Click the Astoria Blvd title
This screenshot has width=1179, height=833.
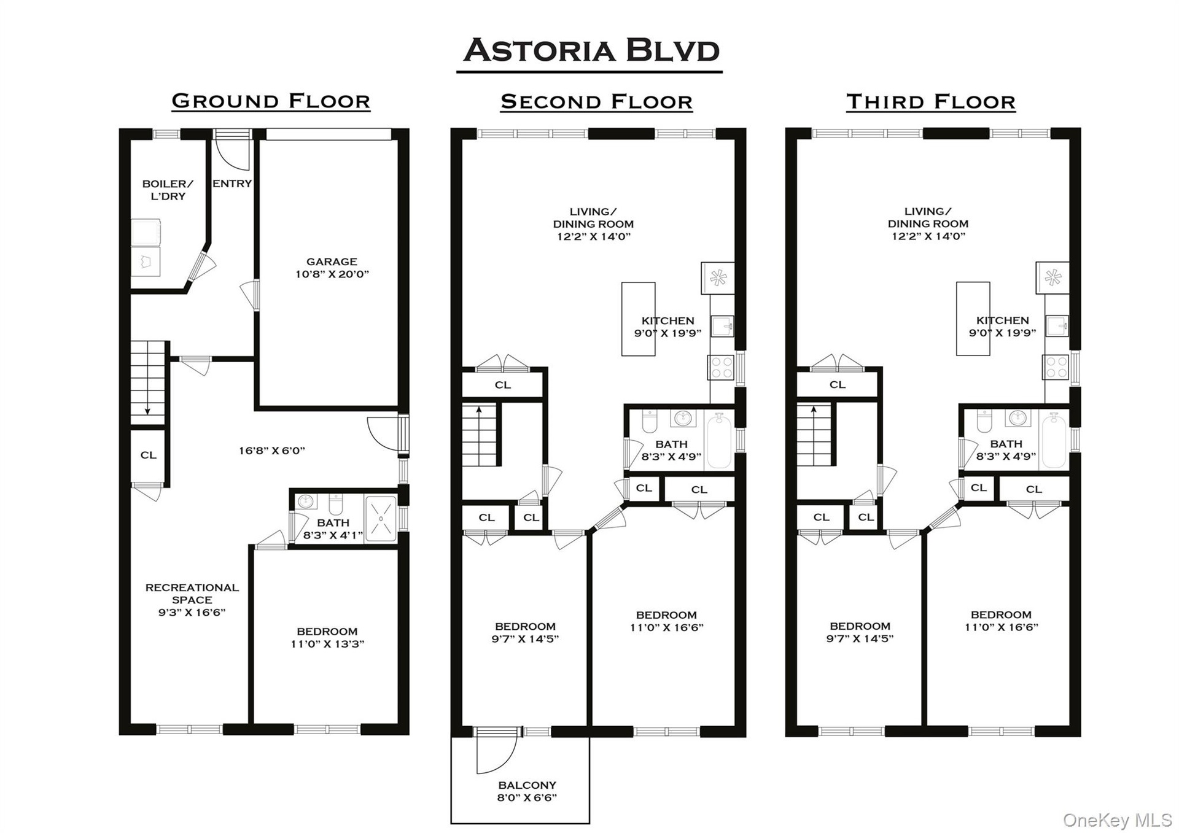pyautogui.click(x=591, y=50)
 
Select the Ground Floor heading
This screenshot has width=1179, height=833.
pyautogui.click(x=271, y=101)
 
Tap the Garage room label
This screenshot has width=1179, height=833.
pyautogui.click(x=332, y=262)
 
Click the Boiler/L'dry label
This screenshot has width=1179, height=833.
pyautogui.click(x=168, y=190)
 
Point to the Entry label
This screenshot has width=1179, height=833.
pyautogui.click(x=232, y=184)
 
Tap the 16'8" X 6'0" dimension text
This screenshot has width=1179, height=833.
pyautogui.click(x=272, y=451)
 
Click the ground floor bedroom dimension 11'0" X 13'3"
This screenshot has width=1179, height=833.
pyautogui.click(x=327, y=644)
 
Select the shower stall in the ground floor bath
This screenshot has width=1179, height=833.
pyautogui.click(x=381, y=519)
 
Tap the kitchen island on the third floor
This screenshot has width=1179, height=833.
pyautogui.click(x=973, y=319)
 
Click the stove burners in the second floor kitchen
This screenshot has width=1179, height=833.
pyautogui.click(x=721, y=367)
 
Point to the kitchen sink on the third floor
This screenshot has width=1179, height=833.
pyautogui.click(x=1056, y=325)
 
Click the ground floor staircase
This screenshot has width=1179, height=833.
pyautogui.click(x=148, y=382)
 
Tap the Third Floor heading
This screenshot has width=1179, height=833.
pyautogui.click(x=931, y=101)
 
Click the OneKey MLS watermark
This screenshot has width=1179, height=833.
pyautogui.click(x=1118, y=820)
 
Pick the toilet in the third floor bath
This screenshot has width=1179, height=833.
pyautogui.click(x=984, y=421)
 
